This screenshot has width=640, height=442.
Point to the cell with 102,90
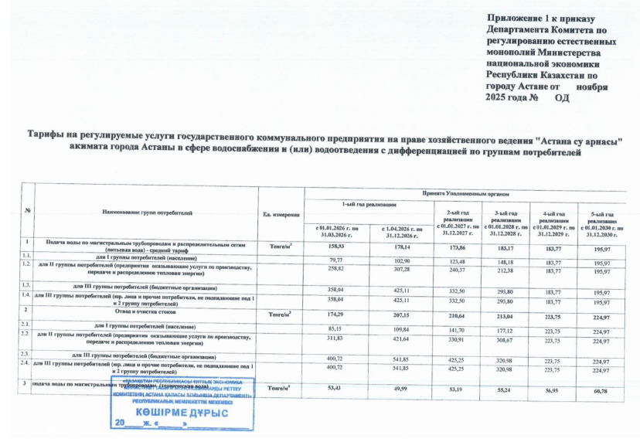(x=400, y=260)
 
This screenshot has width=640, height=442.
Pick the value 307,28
(x=400, y=270)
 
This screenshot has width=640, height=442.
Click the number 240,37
(x=458, y=270)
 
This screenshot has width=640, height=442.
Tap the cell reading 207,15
(x=400, y=314)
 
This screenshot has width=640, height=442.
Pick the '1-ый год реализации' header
(x=368, y=202)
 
